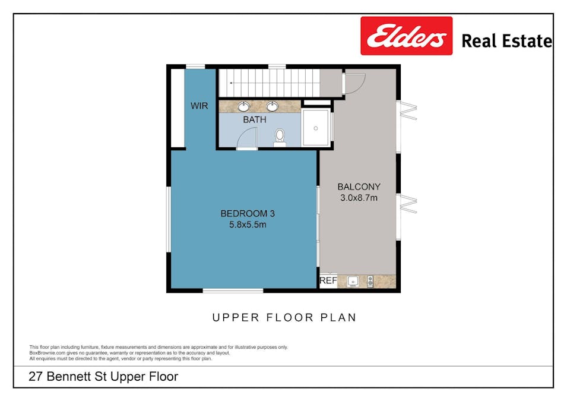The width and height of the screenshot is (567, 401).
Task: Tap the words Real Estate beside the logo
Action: pos(506,41)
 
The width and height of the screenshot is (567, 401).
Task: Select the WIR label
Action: pos(199,106)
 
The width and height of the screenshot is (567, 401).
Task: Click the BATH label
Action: pos(254,120)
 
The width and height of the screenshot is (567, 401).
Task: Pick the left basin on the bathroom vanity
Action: pos(244,107)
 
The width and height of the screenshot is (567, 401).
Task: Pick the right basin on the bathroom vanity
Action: pos(273,107)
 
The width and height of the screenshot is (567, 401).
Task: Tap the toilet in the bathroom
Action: pos(280,137)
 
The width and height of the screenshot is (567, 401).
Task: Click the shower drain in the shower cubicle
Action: pos(316,127)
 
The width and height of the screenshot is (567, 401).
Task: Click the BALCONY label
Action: pos(359,187)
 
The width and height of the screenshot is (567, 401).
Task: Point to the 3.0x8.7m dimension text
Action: pos(359,198)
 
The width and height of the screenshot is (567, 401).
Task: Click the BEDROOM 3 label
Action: pos(247,214)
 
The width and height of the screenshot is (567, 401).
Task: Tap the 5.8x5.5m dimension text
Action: pos(247,225)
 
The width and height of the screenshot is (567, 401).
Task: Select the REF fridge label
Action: pos(328,281)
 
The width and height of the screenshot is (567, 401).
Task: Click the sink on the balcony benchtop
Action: pos(352,282)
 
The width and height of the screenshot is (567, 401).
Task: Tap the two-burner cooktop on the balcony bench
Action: pos(370,282)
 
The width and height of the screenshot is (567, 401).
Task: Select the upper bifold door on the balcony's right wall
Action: pos(408,110)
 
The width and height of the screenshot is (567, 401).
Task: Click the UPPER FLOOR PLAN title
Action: pos(284,317)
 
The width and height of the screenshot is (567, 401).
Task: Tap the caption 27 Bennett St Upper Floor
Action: pos(104,377)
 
